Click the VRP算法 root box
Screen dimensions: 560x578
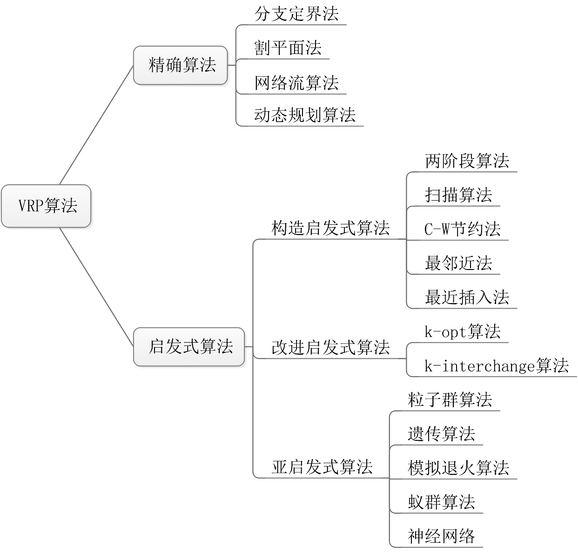tap(46, 206)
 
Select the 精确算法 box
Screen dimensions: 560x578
tap(181, 65)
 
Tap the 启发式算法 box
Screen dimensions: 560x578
tap(189, 347)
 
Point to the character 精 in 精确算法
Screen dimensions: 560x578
tap(157, 65)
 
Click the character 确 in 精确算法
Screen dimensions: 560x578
tap(174, 65)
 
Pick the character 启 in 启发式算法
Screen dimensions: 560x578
tap(157, 347)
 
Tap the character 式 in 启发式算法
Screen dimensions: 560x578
tap(191, 347)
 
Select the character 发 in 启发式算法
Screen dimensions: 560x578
tap(174, 347)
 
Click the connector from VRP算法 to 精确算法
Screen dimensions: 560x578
tap(96, 125)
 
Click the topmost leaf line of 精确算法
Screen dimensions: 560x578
tap(293, 25)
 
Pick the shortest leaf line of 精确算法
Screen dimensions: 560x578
tap(284, 59)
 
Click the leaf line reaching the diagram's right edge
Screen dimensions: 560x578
tap(493, 377)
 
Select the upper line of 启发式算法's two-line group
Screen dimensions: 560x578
tap(461, 343)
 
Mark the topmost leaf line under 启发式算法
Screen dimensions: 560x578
tap(465, 172)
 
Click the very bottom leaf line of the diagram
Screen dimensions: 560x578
tap(437, 547)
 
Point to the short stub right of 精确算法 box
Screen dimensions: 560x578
tap(232, 65)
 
